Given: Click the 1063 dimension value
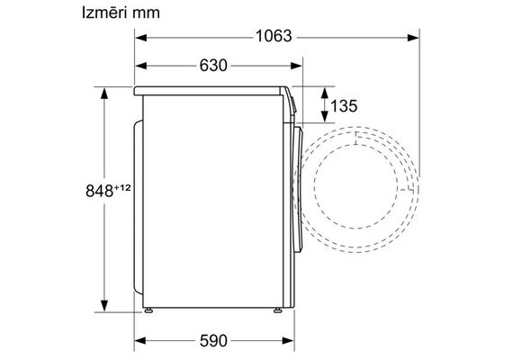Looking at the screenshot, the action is tap(274, 36).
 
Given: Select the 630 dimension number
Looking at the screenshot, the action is tap(213, 65).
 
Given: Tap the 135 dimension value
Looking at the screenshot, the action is tap(344, 106).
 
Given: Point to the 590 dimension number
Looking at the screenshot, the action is tap(213, 341).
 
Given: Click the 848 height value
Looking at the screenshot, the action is tap(100, 191).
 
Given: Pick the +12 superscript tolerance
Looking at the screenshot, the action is tap(122, 188).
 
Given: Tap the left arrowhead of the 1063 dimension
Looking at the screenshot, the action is tap(140, 38).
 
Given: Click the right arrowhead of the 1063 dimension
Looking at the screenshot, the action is tap(413, 38).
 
